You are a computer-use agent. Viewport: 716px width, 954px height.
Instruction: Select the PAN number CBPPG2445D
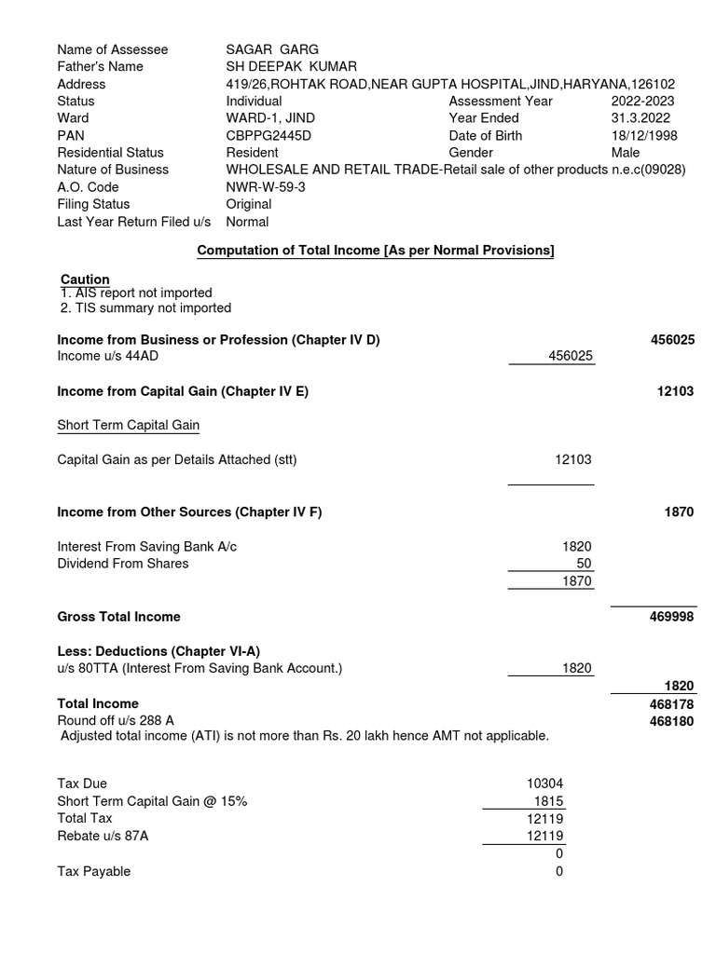click(268, 135)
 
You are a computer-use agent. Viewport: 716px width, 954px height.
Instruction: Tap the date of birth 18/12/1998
click(644, 135)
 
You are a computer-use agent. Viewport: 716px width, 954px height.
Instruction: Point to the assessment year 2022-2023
click(643, 101)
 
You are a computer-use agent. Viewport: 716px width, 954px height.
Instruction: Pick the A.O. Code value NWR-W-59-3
click(265, 187)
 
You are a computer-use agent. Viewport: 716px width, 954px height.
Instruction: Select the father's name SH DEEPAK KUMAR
click(292, 66)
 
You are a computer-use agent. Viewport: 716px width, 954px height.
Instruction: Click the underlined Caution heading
click(85, 279)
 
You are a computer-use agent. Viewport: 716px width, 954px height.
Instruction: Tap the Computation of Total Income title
click(376, 251)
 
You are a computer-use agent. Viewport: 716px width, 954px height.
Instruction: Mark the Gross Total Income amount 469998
click(671, 617)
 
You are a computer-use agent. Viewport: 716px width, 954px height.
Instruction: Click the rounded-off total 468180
click(671, 721)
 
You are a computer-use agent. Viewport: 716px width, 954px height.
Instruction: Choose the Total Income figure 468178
click(671, 703)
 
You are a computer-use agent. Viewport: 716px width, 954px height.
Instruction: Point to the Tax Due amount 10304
click(545, 784)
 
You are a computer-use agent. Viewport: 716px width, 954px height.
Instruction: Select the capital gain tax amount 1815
click(548, 801)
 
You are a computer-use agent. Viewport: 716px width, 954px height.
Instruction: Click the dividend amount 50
click(583, 564)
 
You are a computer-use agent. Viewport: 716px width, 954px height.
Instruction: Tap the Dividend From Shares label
click(123, 564)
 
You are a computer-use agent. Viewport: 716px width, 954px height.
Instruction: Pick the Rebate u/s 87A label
click(103, 836)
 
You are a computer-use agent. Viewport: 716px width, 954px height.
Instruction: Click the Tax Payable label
click(94, 871)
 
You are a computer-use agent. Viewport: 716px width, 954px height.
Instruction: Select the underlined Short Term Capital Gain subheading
click(128, 425)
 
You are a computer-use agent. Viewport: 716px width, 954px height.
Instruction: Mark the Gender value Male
click(626, 153)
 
